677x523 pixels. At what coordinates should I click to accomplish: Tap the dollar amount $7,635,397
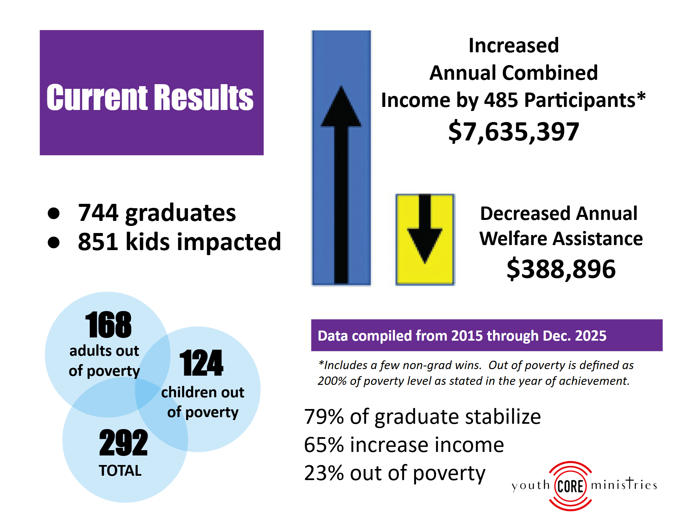513,131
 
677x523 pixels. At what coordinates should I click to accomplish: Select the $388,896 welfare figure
561,269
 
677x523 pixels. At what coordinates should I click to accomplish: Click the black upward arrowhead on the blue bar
341,107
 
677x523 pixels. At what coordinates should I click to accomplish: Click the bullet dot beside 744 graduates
54,213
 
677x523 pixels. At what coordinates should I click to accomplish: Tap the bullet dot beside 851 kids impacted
54,242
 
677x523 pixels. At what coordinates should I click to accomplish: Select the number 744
98,213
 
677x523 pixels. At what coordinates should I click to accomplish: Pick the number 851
98,242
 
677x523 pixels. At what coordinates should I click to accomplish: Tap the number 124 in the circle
201,363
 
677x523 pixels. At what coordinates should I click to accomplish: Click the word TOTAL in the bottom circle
120,471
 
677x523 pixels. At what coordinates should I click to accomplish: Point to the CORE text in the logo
570,486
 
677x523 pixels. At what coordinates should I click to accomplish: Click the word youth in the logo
531,485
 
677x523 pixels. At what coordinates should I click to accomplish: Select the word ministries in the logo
624,484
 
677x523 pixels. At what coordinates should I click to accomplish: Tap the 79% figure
324,417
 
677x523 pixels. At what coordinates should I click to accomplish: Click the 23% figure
324,473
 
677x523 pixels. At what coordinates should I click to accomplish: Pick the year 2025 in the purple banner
591,336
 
